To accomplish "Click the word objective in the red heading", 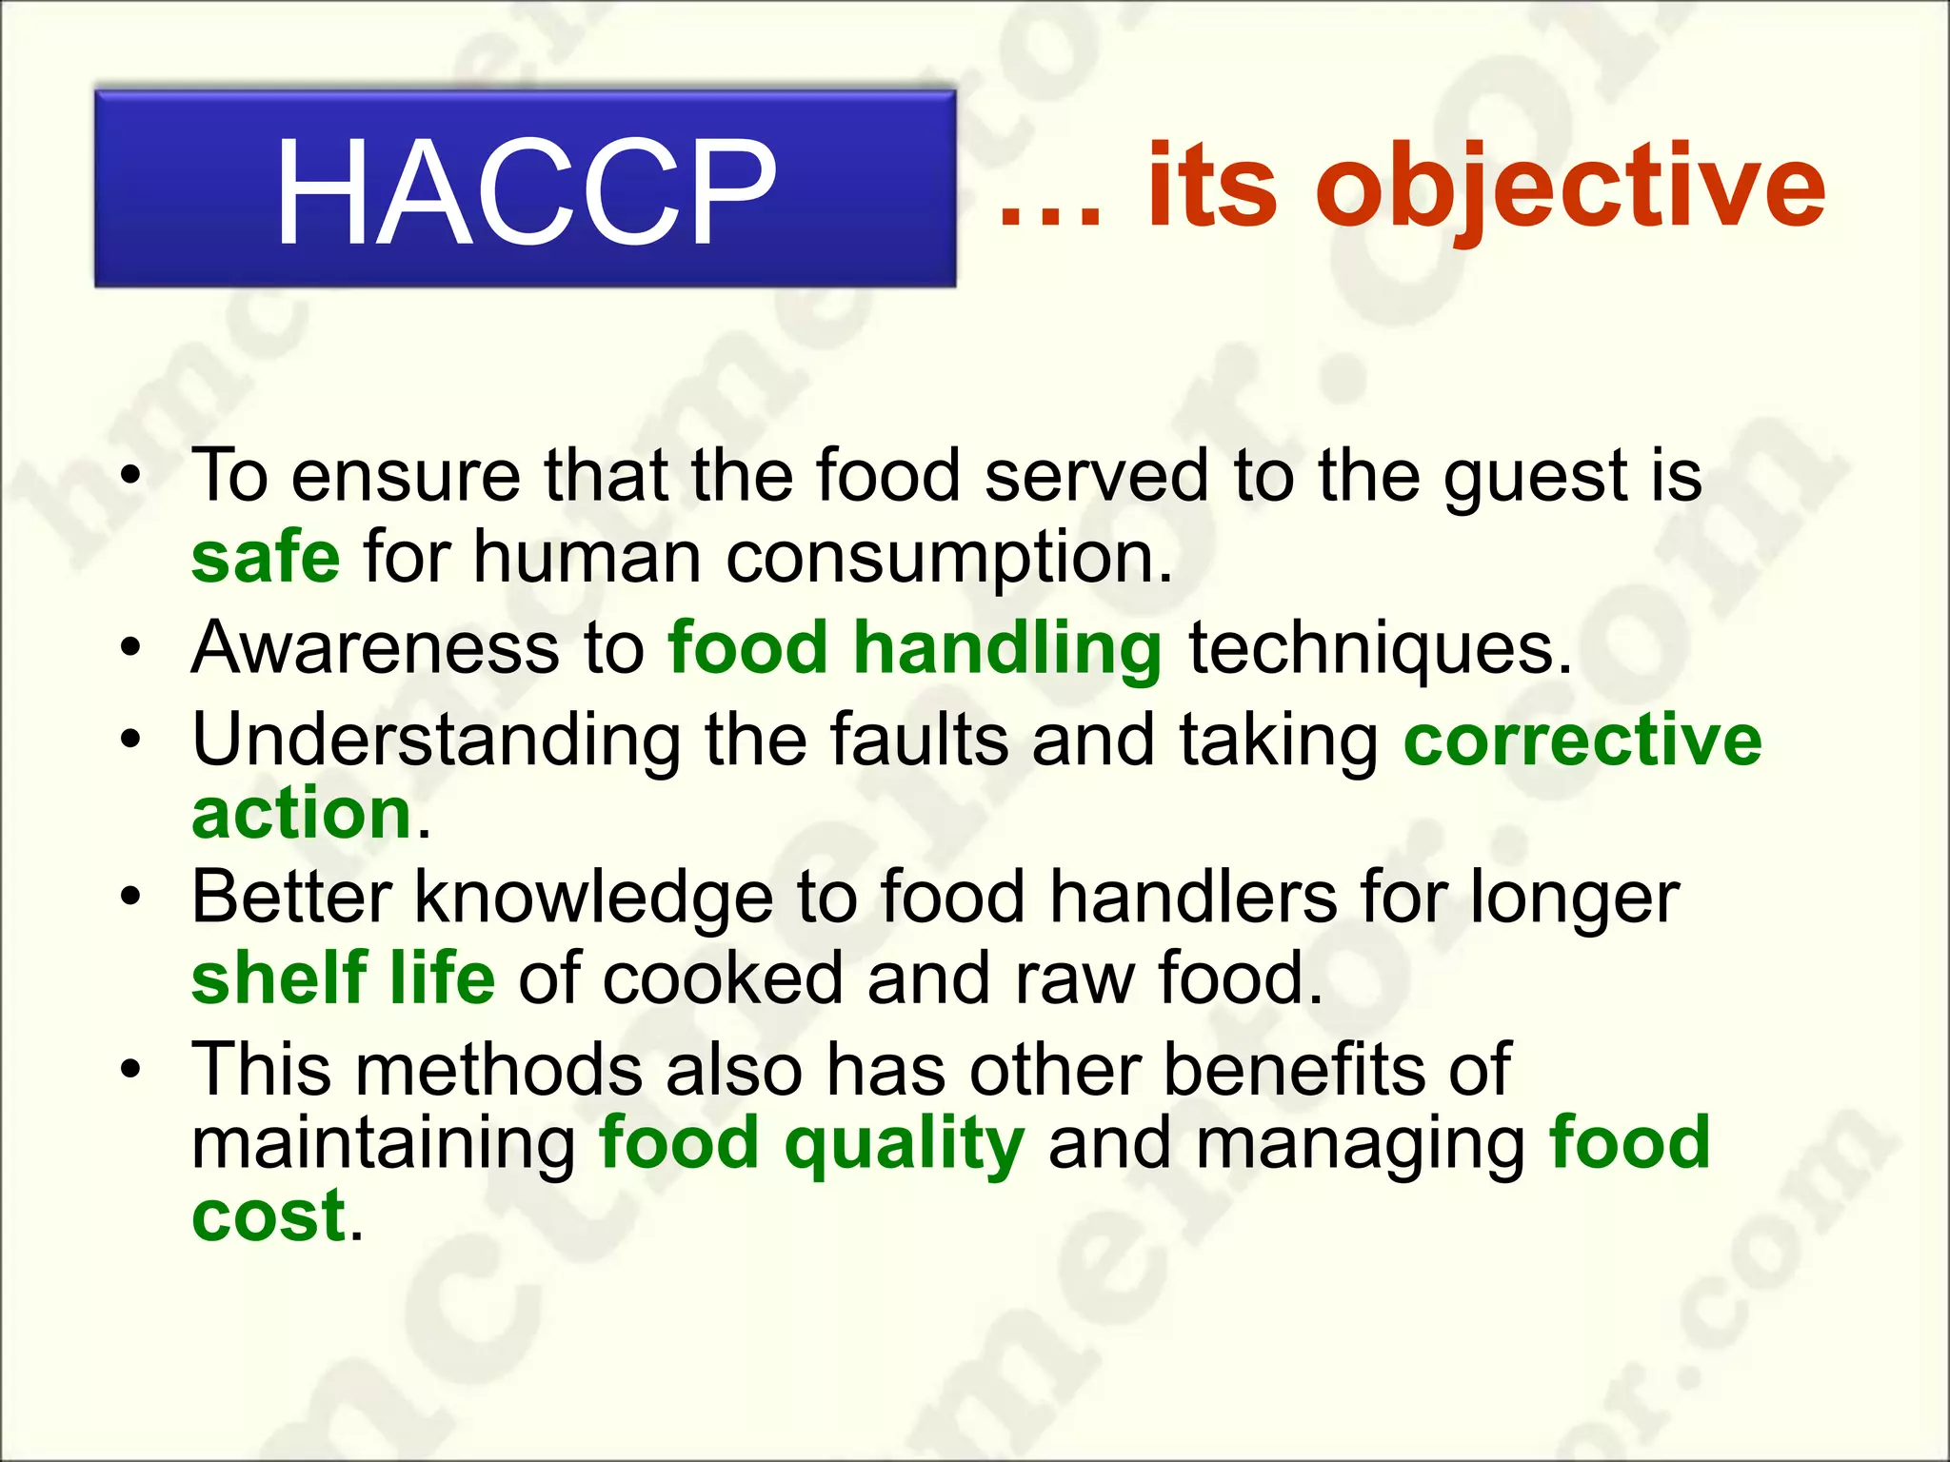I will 1576,187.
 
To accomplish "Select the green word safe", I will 266,558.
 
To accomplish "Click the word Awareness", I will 375,648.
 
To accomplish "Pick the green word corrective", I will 1582,741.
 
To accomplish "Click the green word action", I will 302,816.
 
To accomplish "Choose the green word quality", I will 904,1146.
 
